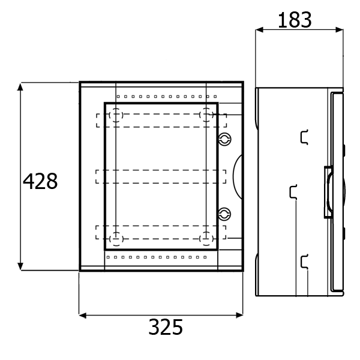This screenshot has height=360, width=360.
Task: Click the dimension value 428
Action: tap(40, 181)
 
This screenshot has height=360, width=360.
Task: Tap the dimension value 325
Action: tap(166, 327)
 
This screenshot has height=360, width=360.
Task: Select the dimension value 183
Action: tap(295, 20)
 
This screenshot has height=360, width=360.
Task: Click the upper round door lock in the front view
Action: tap(224, 139)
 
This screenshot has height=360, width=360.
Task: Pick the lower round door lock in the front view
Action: tap(224, 214)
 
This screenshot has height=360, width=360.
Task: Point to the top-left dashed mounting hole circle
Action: tap(116, 115)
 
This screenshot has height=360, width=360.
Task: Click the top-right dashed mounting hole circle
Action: tap(206, 115)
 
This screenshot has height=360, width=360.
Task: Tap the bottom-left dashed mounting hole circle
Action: tap(116, 239)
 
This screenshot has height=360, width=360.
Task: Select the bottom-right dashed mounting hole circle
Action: tap(206, 239)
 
